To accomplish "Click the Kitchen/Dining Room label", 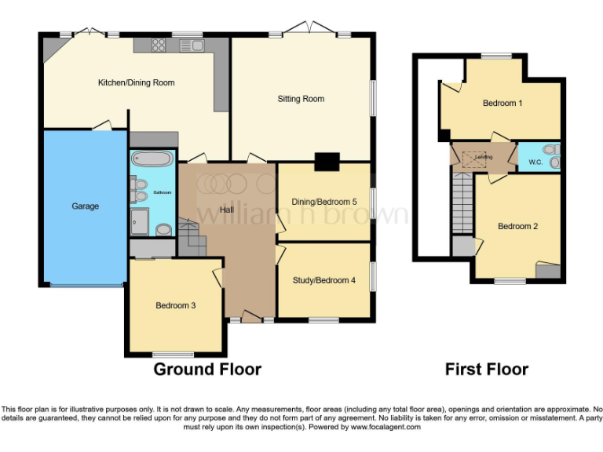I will (x=136, y=82).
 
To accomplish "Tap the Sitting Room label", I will (x=301, y=99).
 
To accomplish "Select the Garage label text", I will (x=86, y=206).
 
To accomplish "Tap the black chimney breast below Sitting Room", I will (x=323, y=162).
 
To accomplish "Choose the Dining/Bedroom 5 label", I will (x=324, y=202).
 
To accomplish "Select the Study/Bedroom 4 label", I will (x=324, y=279).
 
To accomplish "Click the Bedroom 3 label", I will (x=175, y=305).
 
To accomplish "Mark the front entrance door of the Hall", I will (x=251, y=317).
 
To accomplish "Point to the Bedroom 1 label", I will (x=502, y=103).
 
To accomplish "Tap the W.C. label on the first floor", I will (x=536, y=162).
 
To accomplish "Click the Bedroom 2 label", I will (x=517, y=227).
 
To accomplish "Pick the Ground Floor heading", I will (x=207, y=369).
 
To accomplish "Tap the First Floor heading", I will (x=487, y=369).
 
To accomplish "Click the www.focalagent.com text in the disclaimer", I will (x=386, y=428).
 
